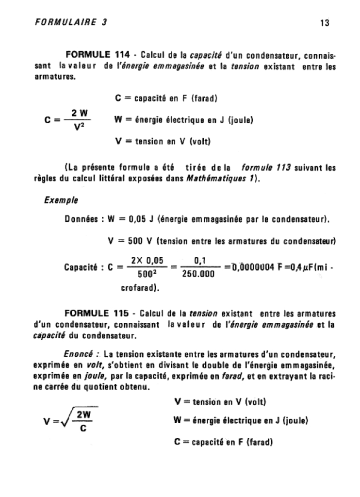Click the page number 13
click(325, 23)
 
